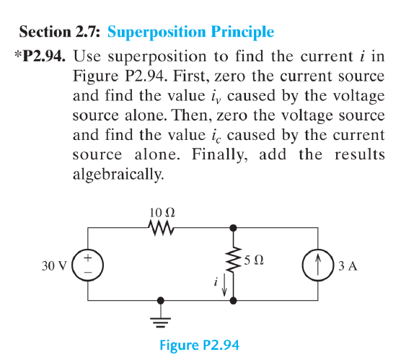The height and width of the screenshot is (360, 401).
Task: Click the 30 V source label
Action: (53, 265)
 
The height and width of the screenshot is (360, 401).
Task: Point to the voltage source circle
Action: (89, 265)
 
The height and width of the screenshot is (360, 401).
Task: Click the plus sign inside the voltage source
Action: (89, 257)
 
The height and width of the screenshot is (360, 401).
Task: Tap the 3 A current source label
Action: (348, 265)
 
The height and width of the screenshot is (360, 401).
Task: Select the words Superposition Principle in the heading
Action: (190, 32)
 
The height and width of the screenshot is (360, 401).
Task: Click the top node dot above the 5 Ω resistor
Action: (233, 228)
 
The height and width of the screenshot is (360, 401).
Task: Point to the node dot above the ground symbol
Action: (161, 301)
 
